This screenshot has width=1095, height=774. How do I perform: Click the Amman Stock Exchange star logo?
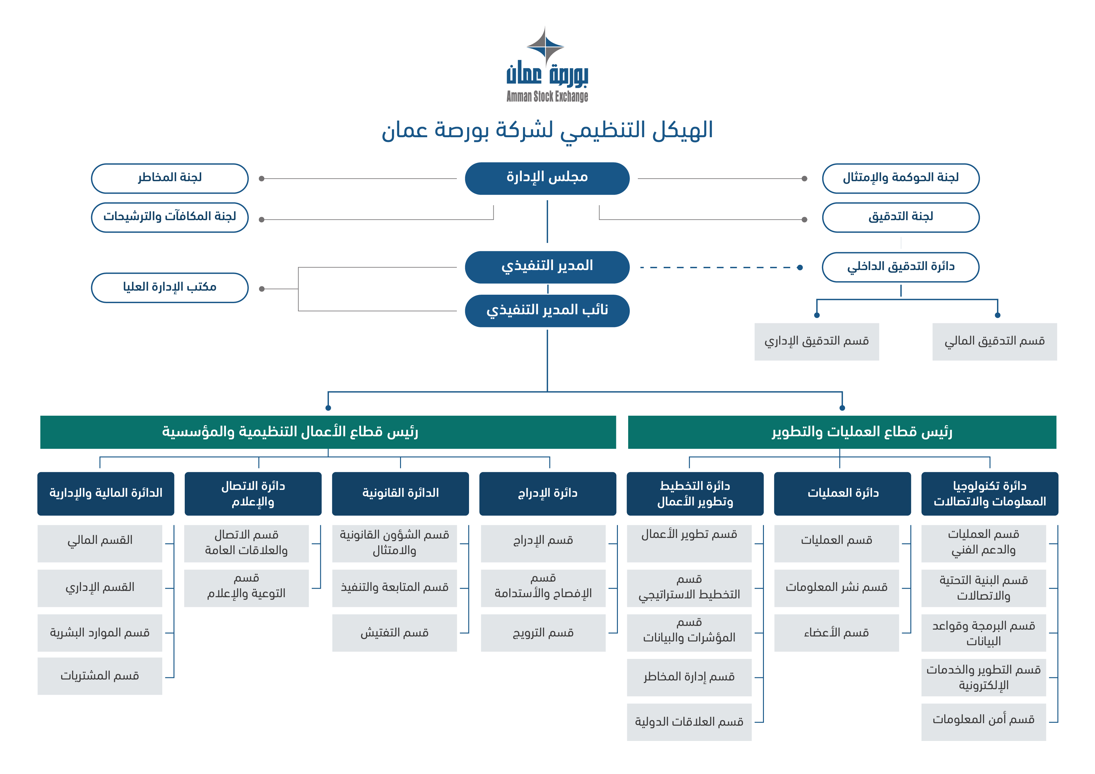[x=545, y=47]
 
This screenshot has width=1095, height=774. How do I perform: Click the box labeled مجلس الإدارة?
[x=547, y=178]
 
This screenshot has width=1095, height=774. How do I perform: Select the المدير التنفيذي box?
[x=547, y=267]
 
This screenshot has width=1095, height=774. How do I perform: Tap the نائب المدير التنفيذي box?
[x=547, y=311]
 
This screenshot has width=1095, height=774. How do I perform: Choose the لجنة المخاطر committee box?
[x=170, y=178]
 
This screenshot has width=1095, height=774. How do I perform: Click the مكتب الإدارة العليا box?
[x=170, y=288]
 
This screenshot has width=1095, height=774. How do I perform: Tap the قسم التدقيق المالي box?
[x=995, y=342]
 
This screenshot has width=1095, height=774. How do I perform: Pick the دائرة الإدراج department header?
[x=547, y=493]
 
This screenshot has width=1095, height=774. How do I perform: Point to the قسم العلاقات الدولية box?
[x=689, y=722]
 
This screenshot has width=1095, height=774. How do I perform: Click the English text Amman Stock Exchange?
[x=547, y=96]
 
